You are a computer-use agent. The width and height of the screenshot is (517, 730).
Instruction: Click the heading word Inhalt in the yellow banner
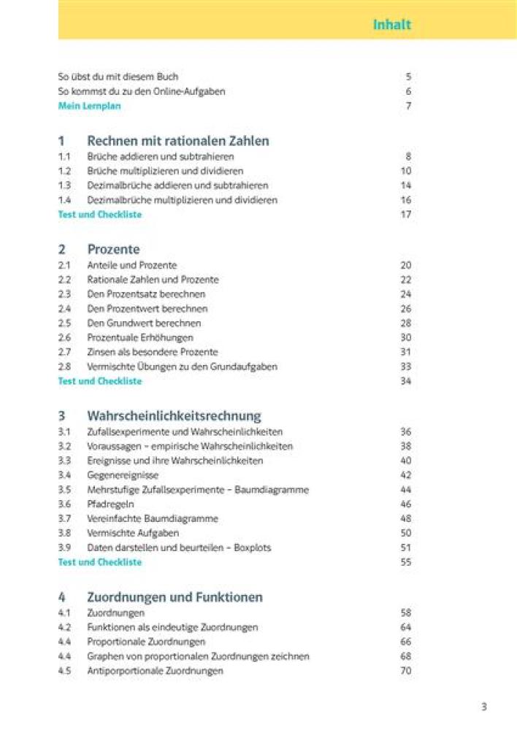click(x=392, y=24)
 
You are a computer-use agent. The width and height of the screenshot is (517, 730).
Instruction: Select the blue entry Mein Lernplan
click(x=89, y=106)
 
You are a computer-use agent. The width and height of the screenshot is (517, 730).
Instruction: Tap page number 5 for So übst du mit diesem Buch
click(x=409, y=77)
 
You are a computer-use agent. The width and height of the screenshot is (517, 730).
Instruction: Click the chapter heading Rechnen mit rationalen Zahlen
click(x=178, y=141)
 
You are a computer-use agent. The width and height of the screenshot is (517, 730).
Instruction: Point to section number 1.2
click(x=64, y=171)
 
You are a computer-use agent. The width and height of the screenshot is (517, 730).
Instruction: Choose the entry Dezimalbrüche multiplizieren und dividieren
click(x=182, y=200)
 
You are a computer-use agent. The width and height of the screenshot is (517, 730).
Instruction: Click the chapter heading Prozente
click(x=113, y=250)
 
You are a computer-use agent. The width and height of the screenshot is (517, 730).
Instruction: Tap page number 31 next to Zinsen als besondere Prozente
click(x=406, y=352)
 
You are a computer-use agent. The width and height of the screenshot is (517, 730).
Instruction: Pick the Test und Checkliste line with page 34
click(x=99, y=381)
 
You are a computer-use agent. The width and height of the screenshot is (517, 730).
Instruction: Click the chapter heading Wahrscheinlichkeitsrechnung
click(x=174, y=416)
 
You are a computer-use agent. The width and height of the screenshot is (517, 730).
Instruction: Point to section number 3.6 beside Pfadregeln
click(x=64, y=504)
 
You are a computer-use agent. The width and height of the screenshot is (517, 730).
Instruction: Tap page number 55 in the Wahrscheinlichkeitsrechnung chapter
click(x=406, y=562)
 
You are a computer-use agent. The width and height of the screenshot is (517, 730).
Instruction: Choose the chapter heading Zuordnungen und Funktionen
click(x=175, y=597)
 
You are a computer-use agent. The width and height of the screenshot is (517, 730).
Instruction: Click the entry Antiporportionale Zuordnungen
click(x=155, y=670)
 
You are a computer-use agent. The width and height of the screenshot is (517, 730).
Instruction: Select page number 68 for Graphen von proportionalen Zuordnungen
click(x=406, y=656)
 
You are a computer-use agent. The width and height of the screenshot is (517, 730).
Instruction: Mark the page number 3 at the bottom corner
click(x=483, y=706)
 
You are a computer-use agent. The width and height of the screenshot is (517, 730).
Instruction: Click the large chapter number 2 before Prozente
click(x=61, y=250)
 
